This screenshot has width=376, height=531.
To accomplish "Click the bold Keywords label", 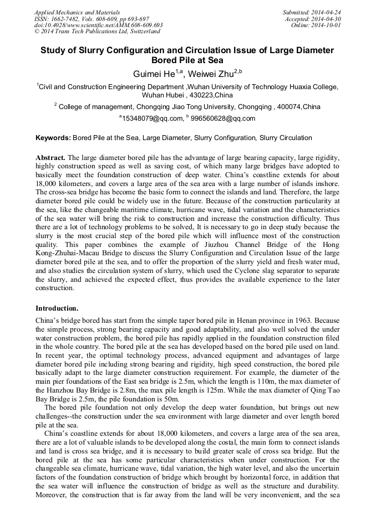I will click(x=53, y=138).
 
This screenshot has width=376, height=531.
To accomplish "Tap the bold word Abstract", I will click(x=50, y=158).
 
